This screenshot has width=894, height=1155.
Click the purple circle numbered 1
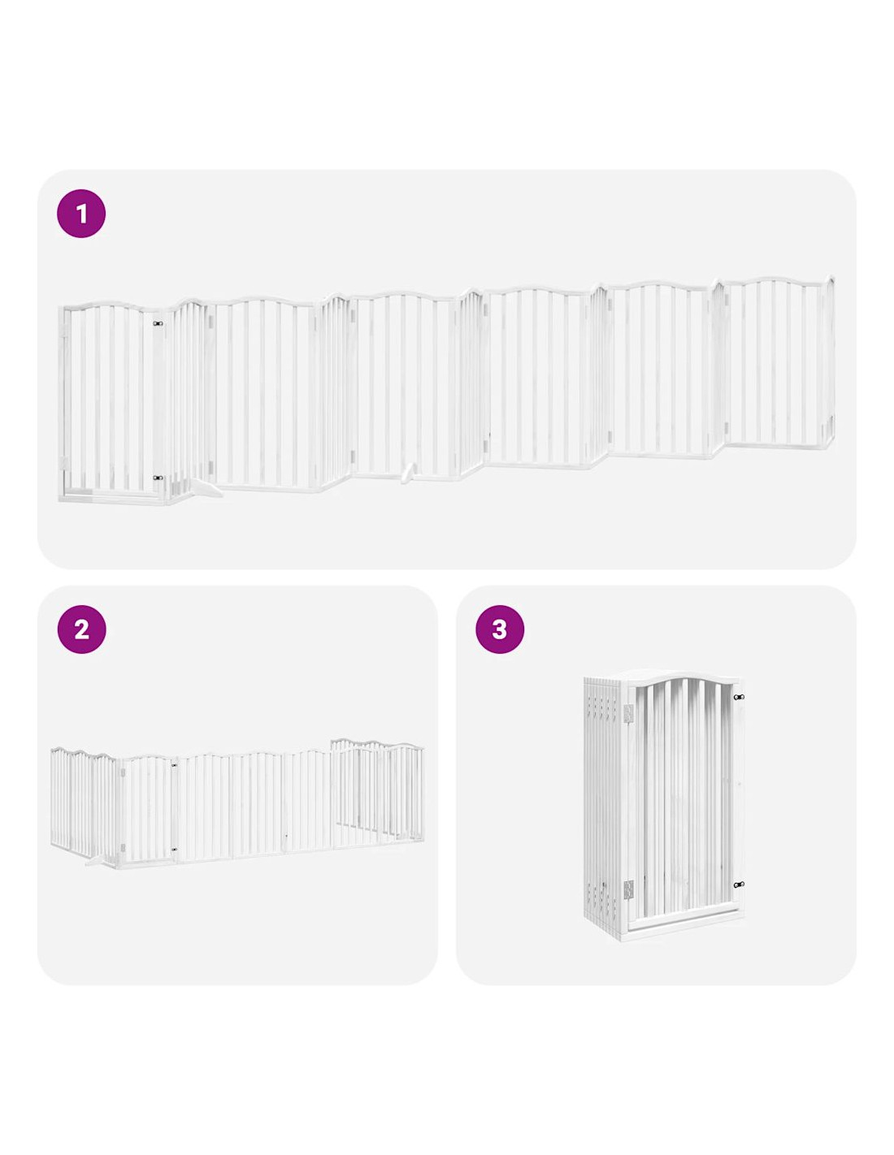click(x=80, y=213)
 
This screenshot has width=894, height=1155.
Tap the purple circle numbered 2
click(x=81, y=629)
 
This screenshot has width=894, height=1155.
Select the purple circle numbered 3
click(x=500, y=629)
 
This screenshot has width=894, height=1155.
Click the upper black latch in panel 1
click(x=158, y=323)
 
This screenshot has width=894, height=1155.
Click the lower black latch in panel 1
click(x=158, y=478)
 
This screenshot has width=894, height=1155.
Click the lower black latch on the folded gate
click(x=739, y=885)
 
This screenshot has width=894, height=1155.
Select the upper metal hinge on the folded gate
click(x=627, y=713)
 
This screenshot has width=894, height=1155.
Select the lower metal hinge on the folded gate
click(x=628, y=888)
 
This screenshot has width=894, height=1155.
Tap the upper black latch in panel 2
click(x=175, y=765)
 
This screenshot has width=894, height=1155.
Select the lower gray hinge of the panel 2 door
click(x=123, y=848)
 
